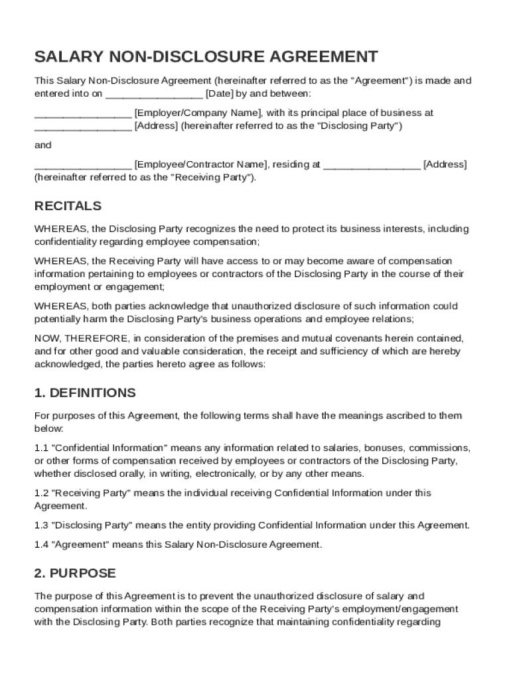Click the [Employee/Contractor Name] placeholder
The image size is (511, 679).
pyautogui.click(x=200, y=164)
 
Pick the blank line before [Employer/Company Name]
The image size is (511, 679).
pyautogui.click(x=82, y=113)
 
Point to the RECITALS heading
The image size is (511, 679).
pyautogui.click(x=68, y=206)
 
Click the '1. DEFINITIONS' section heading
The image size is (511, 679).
pyautogui.click(x=85, y=393)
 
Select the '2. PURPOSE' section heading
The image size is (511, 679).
pyautogui.click(x=75, y=574)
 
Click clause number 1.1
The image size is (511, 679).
pyautogui.click(x=41, y=448)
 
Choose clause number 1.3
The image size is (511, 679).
pyautogui.click(x=41, y=525)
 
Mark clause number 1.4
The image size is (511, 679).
pyautogui.click(x=41, y=544)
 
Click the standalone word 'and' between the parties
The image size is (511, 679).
pyautogui.click(x=42, y=145)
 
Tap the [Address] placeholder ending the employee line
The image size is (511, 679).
pyautogui.click(x=445, y=164)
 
